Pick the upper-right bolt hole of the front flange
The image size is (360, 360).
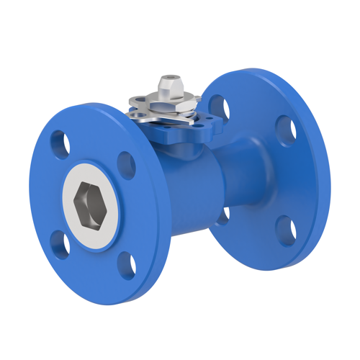(x=126, y=164)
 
